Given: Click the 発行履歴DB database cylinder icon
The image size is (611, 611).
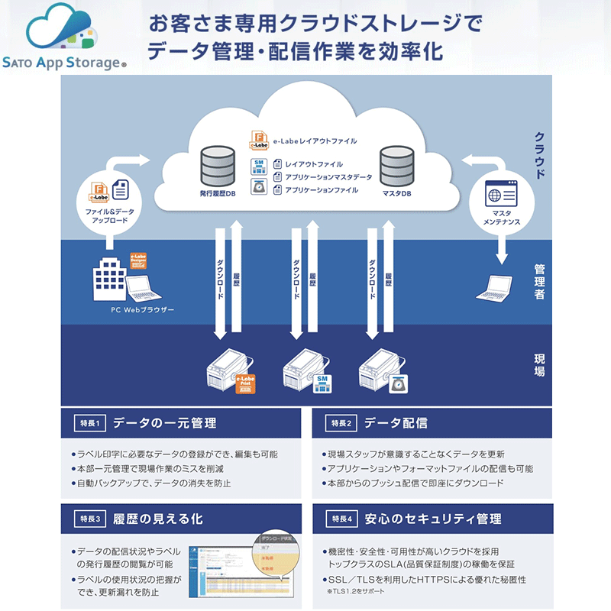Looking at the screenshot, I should pos(217,164).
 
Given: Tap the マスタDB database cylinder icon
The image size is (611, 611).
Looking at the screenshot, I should pos(396,164).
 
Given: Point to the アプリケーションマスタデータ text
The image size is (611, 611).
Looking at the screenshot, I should pos(328,177).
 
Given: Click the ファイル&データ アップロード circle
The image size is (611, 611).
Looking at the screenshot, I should pos(107,196).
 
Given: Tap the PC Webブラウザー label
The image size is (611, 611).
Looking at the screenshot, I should pos(142,310).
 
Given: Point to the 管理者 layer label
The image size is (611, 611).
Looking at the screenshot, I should pos(539,282).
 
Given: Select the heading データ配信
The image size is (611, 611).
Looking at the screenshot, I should pos(396,423).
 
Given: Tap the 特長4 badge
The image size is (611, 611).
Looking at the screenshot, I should pos(340,519).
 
